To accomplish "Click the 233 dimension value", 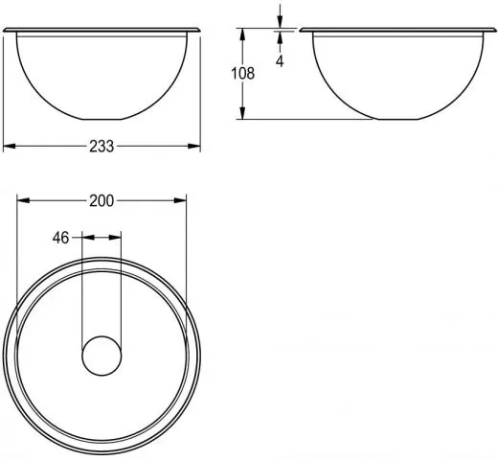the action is click(102, 147).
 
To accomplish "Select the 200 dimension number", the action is click(102, 201).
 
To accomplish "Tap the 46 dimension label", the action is click(60, 238).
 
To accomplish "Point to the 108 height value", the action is click(243, 74).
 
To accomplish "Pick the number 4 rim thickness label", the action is click(280, 61).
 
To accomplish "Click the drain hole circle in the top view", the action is click(102, 356).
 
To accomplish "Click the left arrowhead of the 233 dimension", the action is click(10, 146).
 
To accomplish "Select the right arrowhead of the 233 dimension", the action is click(194, 146).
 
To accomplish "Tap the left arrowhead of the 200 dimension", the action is click(23, 200).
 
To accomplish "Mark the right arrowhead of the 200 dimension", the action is click(180, 200).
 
